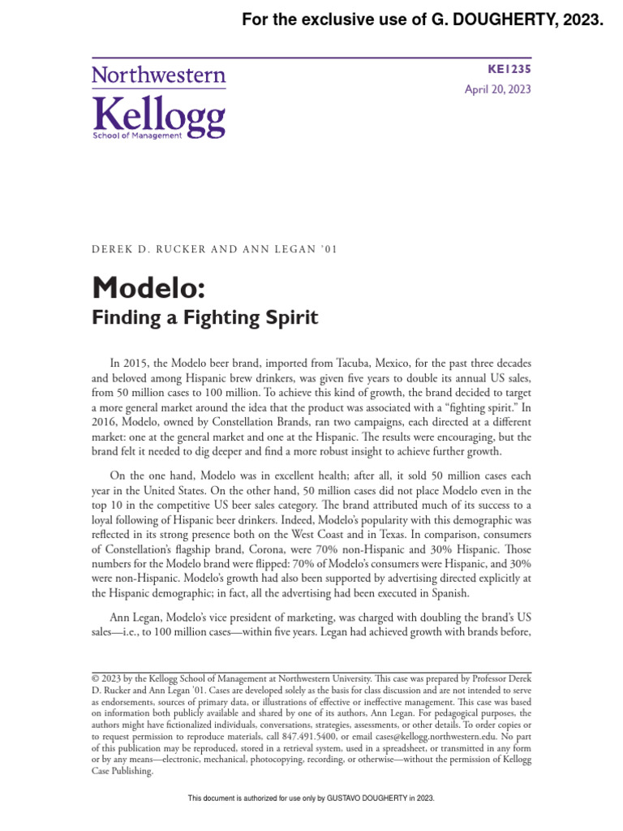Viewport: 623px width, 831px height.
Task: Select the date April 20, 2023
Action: click(497, 90)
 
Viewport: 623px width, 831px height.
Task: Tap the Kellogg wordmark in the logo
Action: click(158, 115)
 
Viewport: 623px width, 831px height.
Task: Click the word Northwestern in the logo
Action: click(158, 76)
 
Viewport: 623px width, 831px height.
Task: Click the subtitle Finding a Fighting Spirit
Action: click(205, 317)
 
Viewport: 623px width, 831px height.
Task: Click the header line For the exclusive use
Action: click(422, 20)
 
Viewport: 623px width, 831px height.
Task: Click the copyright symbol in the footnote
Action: click(95, 678)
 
